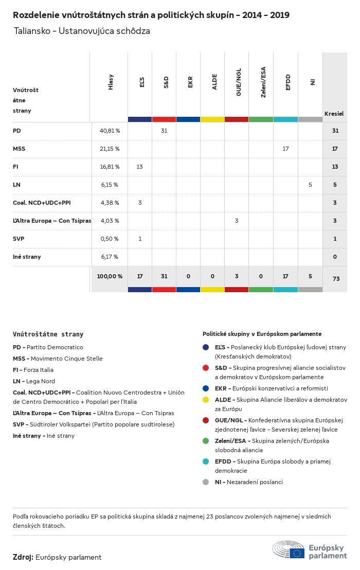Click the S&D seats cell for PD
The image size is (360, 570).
pyautogui.click(x=164, y=131)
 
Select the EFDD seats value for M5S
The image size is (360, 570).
pyautogui.click(x=286, y=149)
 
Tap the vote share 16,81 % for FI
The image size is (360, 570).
pyautogui.click(x=109, y=167)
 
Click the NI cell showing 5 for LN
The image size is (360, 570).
pyautogui.click(x=310, y=185)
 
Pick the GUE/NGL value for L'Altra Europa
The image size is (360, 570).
pyautogui.click(x=237, y=221)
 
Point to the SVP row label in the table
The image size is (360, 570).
pyautogui.click(x=19, y=239)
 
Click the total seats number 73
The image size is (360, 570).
pyautogui.click(x=336, y=279)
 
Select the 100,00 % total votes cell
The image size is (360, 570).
pyautogui.click(x=110, y=276)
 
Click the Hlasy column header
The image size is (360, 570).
pyautogui.click(x=111, y=82)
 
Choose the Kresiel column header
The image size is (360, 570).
pyautogui.click(x=334, y=114)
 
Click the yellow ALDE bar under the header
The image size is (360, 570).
pyautogui.click(x=212, y=119)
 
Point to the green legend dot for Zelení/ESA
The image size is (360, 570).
pyautogui.click(x=206, y=441)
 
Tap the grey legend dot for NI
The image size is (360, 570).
pyautogui.click(x=206, y=482)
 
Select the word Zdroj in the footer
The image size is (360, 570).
pyautogui.click(x=23, y=557)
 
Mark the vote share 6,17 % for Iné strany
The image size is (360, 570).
pyautogui.click(x=109, y=257)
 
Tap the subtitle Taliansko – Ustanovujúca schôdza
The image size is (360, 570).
pyautogui.click(x=82, y=31)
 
